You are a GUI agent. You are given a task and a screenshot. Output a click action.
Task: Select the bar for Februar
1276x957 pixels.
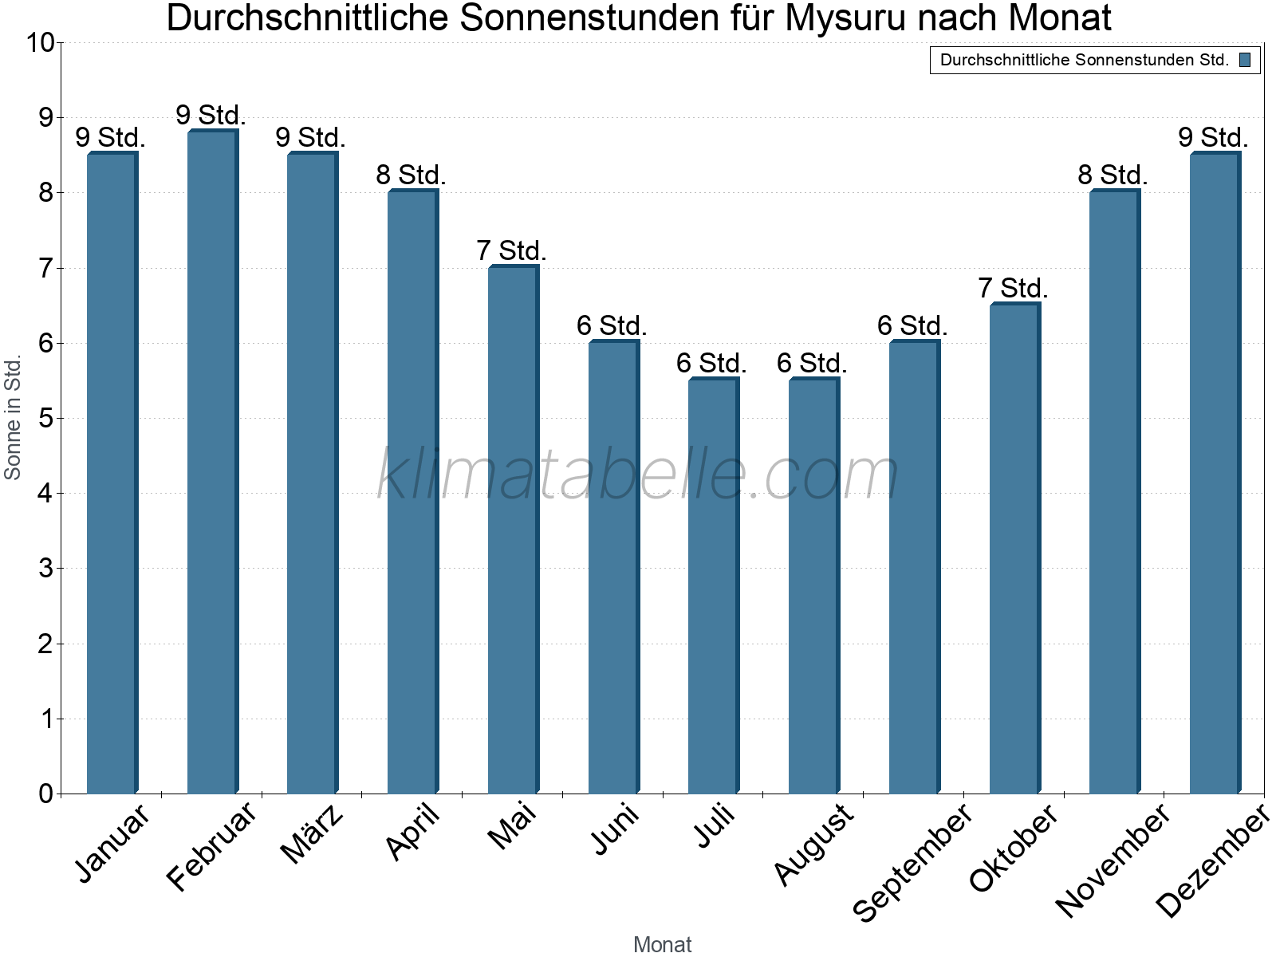[212, 463]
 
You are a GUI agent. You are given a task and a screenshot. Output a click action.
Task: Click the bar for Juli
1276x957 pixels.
[713, 586]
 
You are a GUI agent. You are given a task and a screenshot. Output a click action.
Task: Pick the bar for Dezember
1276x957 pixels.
[1215, 474]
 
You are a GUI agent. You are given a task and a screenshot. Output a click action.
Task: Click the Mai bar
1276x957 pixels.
[513, 530]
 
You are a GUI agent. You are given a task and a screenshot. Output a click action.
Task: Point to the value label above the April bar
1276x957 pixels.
[411, 175]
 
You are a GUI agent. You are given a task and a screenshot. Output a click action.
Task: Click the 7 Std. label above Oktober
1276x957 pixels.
[1013, 288]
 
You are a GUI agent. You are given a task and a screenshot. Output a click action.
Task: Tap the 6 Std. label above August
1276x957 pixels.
[812, 364]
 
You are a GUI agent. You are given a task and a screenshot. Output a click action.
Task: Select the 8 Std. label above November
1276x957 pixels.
[1113, 175]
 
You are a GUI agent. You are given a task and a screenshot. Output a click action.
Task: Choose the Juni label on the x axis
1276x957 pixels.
[615, 829]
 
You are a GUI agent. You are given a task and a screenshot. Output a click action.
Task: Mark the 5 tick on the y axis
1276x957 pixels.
[45, 419]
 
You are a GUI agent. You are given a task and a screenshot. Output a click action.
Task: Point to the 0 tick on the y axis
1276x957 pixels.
[45, 794]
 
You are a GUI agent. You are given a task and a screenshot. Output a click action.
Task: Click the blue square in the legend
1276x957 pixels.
[1245, 60]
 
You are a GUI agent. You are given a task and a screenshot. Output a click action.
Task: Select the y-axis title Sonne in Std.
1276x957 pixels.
[13, 417]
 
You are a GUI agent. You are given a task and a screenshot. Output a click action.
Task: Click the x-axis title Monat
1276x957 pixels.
[662, 944]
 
